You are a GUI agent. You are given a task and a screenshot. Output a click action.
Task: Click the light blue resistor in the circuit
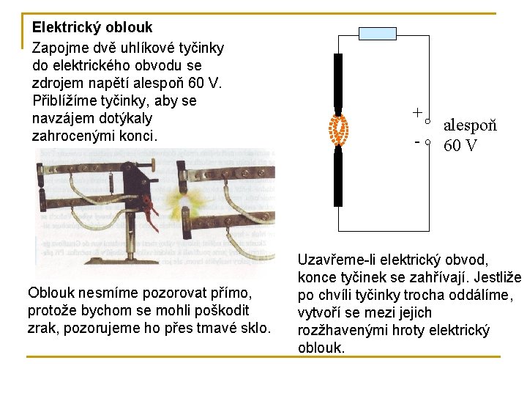(x=378, y=34)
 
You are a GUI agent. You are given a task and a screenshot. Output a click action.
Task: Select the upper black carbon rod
(x=338, y=80)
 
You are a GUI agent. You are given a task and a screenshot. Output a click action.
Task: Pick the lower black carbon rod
(x=338, y=177)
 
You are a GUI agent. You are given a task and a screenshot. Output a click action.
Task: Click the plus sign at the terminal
(x=416, y=113)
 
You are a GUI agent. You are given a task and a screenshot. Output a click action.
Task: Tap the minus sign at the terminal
(x=416, y=141)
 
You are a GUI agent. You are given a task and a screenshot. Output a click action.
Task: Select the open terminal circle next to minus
(x=428, y=143)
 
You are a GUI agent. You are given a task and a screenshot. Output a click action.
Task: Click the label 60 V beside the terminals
(x=460, y=145)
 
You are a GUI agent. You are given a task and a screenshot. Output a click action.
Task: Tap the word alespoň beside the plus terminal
(x=470, y=125)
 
